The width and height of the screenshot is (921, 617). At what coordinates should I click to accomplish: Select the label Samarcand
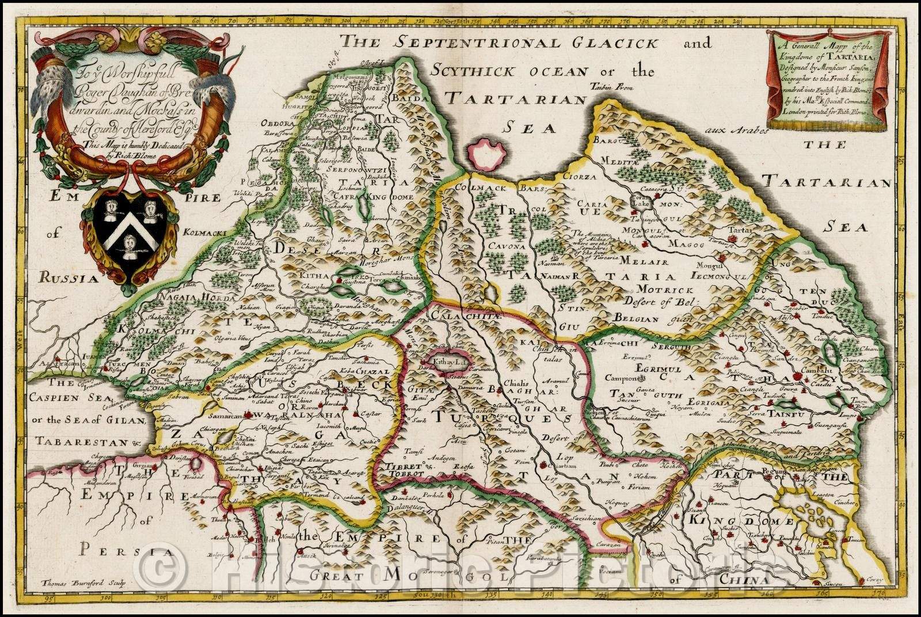tap(229, 415)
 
